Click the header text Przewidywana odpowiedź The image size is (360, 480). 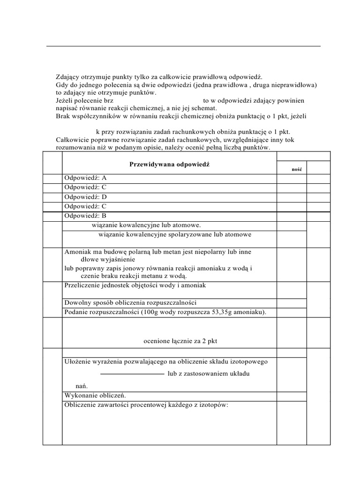(169, 165)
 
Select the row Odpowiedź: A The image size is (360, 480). (86, 178)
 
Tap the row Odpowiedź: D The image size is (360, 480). (86, 197)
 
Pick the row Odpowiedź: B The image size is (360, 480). (86, 216)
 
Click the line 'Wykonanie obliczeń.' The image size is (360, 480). (95, 395)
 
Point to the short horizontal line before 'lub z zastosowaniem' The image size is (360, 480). (132, 374)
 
